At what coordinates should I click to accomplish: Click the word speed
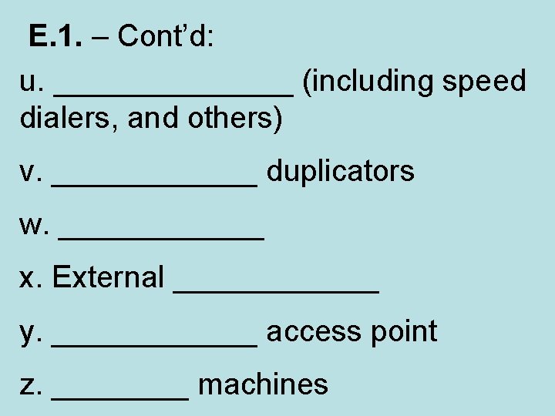(x=484, y=82)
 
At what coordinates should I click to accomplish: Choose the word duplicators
(x=341, y=171)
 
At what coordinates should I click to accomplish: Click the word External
(x=108, y=277)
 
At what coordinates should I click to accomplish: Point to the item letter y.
(x=31, y=333)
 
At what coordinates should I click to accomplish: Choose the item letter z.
(x=31, y=385)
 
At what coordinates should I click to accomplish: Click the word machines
(x=263, y=384)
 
